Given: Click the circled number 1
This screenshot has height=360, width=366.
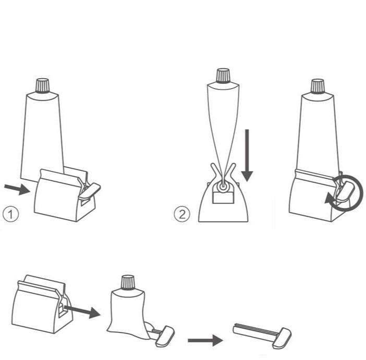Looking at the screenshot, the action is (x=11, y=214).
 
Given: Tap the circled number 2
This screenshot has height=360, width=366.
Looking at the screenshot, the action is (x=182, y=214).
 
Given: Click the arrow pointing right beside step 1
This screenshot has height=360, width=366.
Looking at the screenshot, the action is (x=17, y=189).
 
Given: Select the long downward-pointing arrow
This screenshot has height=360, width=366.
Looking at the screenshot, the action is (x=247, y=155).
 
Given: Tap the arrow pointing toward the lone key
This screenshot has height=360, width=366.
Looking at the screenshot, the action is (x=205, y=340).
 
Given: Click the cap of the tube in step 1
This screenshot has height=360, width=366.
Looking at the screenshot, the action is (x=42, y=85).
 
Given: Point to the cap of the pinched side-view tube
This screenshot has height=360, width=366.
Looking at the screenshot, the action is (x=223, y=76).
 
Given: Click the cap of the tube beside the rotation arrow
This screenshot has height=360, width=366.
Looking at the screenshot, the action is (x=318, y=86).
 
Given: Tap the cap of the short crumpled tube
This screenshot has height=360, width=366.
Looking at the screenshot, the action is (x=128, y=282).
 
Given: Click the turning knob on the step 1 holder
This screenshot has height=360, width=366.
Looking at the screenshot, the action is (x=90, y=191).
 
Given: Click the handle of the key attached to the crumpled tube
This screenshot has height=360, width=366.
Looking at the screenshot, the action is (x=165, y=336).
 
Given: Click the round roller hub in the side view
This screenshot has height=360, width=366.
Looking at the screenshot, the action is (x=223, y=186).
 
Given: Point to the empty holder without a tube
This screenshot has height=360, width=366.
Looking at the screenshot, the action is (x=42, y=304).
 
